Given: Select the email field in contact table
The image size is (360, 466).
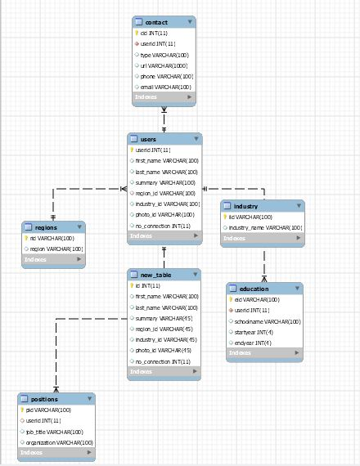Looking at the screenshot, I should click(166, 87).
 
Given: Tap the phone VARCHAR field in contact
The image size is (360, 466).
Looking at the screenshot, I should click(166, 76).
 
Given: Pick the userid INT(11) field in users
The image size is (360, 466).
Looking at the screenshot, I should click(153, 150).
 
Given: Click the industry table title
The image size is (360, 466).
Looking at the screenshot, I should click(245, 206).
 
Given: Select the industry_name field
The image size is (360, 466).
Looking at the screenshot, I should click(265, 227).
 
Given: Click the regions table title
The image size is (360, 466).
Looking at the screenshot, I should click(45, 226).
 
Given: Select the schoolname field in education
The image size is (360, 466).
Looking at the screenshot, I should click(268, 321).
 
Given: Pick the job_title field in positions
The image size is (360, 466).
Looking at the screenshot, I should click(54, 431).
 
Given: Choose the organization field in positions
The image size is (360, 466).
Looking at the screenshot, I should click(59, 441).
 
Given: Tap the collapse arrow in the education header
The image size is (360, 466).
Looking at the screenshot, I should click(295, 289).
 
